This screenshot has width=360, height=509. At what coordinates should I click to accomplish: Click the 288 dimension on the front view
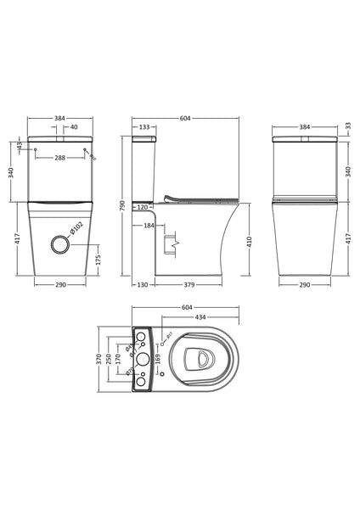pos(60,158)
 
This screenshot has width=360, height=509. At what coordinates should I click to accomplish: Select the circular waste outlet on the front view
pos(60,243)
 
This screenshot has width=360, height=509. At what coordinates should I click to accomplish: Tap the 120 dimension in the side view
pos(142,206)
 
